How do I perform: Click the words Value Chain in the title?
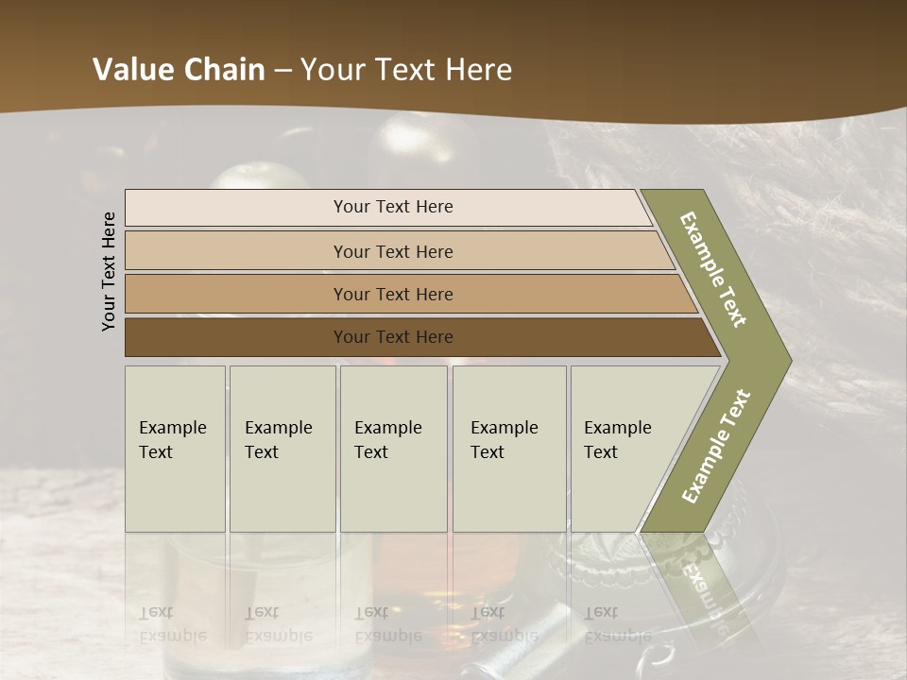coord(179,70)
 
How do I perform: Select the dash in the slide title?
coord(282,71)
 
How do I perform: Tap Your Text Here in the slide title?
coord(406,70)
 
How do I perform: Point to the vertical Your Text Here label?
coord(109,271)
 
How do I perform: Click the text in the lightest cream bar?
coord(393,207)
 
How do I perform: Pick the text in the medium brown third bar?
coord(393,295)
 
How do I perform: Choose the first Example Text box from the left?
coord(175,449)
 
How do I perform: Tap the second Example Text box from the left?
coord(282,449)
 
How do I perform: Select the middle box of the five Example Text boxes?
coord(393,449)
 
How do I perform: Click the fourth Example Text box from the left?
coord(508,449)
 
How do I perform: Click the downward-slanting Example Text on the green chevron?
coord(713,269)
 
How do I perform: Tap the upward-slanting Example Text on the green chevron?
coord(716,447)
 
